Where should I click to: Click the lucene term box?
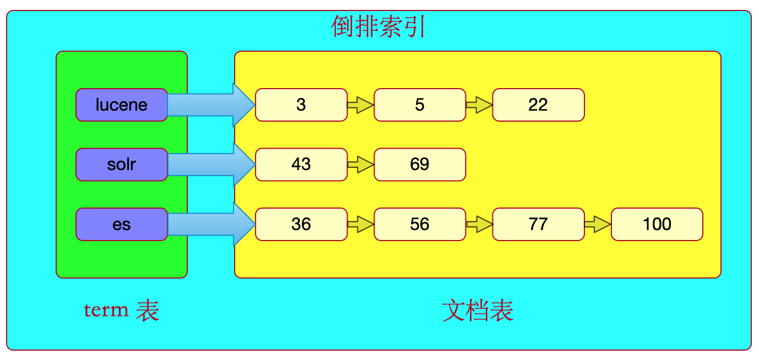tap(121, 105)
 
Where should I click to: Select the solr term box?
tap(121, 164)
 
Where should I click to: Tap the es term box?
tap(121, 224)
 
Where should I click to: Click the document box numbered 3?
tap(301, 105)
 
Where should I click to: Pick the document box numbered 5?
tap(420, 105)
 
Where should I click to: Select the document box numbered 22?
tap(538, 105)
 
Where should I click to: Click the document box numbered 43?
tap(301, 164)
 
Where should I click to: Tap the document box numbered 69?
tap(420, 164)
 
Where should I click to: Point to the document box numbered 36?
tap(301, 224)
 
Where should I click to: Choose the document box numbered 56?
tap(420, 224)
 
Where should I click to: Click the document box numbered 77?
tap(538, 224)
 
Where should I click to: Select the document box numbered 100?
tap(657, 224)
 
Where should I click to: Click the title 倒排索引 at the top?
tap(378, 26)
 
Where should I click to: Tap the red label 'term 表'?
tap(121, 310)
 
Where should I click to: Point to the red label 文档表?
tap(478, 311)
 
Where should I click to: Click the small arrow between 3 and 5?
tap(361, 105)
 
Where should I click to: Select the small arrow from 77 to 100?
tap(598, 224)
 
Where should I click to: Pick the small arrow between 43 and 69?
tap(361, 164)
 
